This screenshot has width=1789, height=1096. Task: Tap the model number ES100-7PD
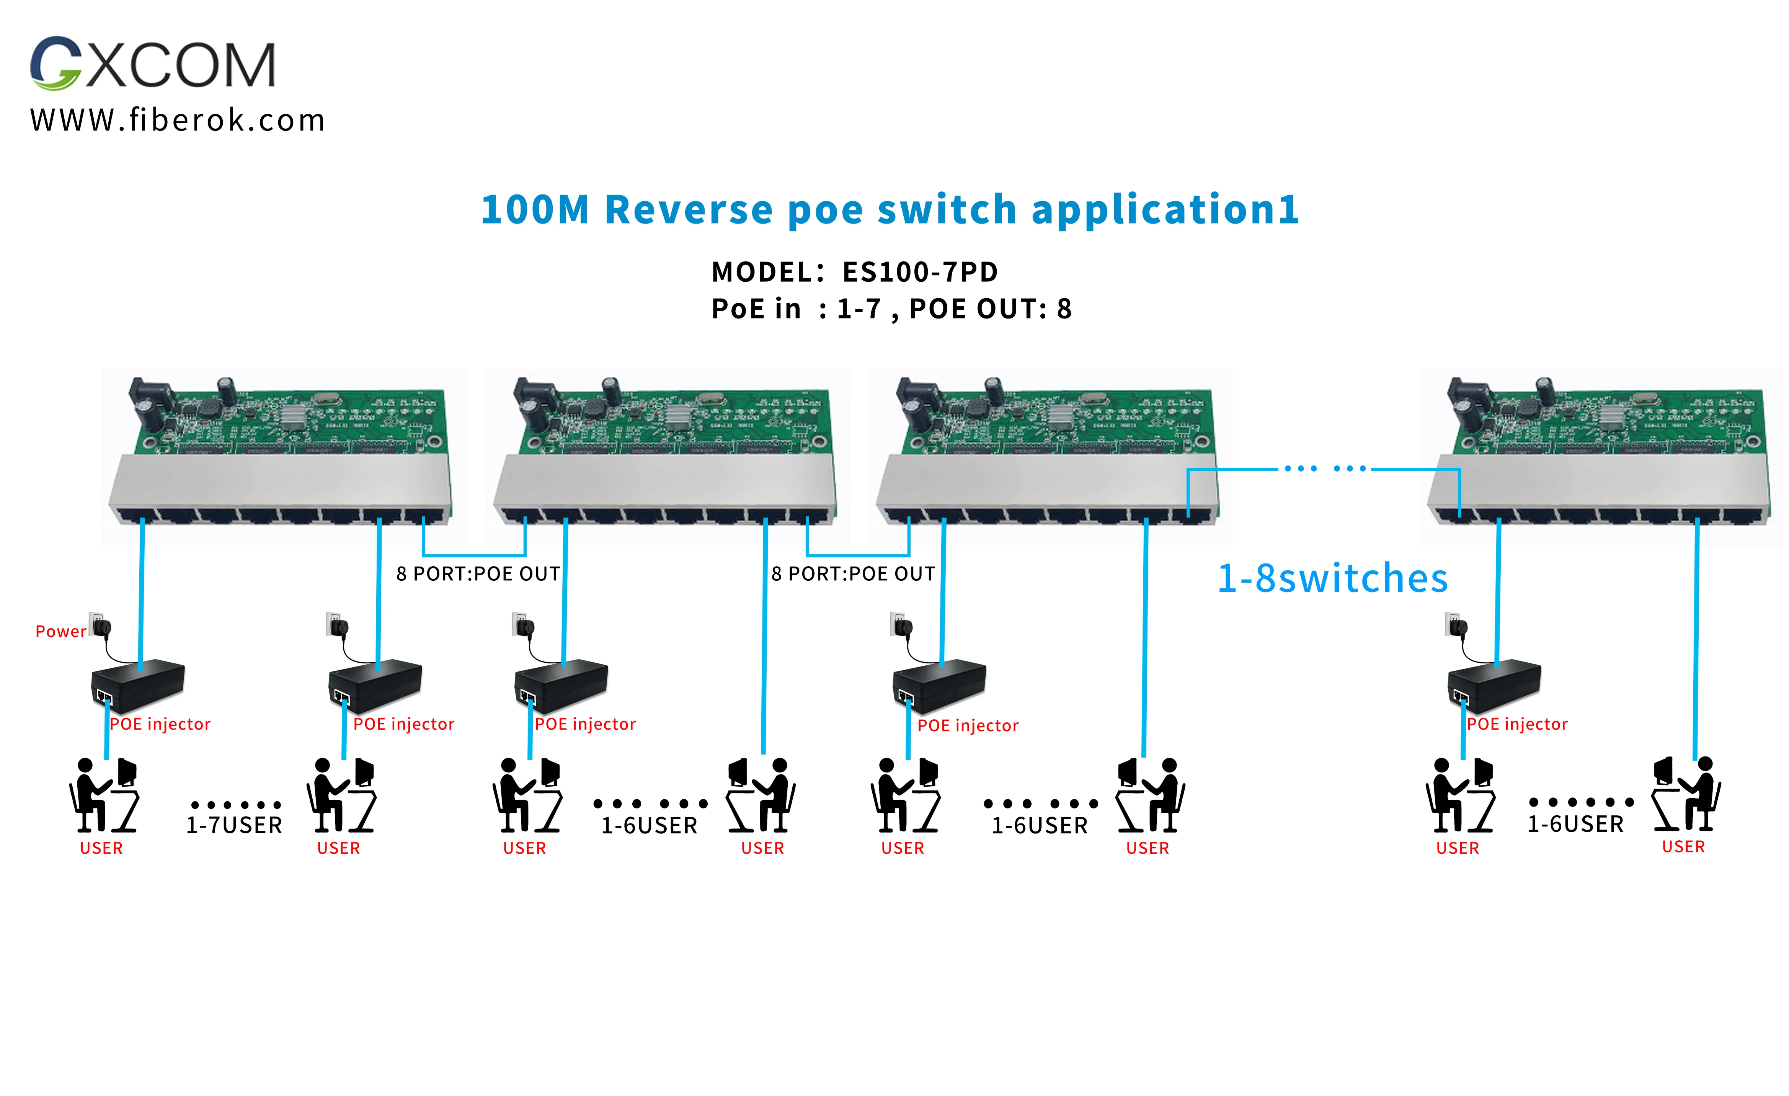tap(920, 272)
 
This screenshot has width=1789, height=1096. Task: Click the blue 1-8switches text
tap(1332, 579)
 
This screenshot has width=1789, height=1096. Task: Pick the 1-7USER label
tap(234, 825)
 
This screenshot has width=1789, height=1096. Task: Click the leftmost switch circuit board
tap(283, 454)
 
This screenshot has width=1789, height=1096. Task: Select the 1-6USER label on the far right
tap(1575, 824)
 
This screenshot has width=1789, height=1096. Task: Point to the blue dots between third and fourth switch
tap(1325, 469)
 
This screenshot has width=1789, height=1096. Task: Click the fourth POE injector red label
tap(968, 725)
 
